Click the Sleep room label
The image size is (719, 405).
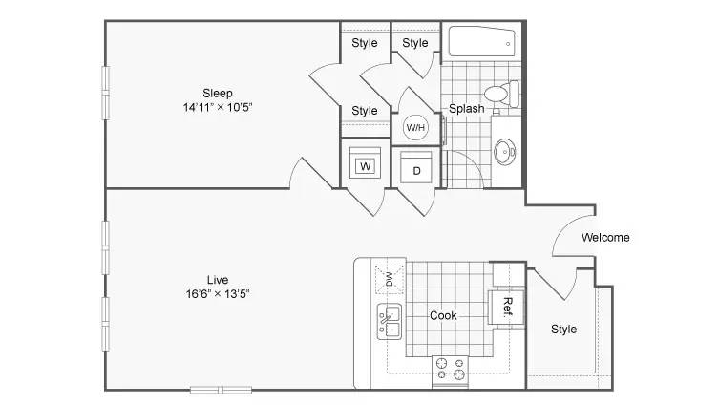218,93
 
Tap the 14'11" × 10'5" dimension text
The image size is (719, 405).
218,107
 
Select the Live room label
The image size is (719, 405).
218,280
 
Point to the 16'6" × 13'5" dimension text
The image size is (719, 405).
218,294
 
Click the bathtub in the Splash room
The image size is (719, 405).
482,42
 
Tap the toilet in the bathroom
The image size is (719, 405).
501,94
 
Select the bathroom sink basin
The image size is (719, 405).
505,152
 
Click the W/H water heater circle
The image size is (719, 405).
415,127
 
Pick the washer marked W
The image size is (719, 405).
366,162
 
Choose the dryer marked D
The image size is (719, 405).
416,167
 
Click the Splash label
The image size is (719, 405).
466,109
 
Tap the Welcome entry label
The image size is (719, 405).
605,238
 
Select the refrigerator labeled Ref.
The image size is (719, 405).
506,308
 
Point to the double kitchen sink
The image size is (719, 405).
390,322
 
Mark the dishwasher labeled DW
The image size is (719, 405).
390,279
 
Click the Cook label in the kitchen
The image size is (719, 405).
443,315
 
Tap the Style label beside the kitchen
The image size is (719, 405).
563,330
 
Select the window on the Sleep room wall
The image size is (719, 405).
105,93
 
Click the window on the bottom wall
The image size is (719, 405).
221,391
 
